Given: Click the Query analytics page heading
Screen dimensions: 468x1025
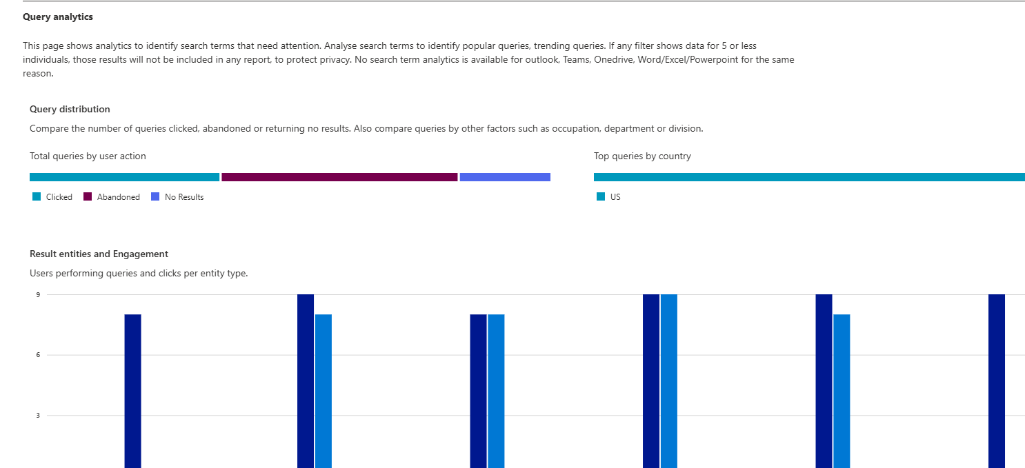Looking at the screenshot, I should (58, 17).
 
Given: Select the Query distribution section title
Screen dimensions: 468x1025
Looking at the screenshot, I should (70, 109).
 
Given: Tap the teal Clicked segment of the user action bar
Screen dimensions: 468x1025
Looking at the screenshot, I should (124, 177).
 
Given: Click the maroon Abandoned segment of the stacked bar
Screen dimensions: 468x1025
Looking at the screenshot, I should (339, 177).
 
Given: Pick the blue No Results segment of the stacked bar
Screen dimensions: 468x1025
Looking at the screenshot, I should (505, 177).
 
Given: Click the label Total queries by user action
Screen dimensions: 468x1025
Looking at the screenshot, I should (88, 156).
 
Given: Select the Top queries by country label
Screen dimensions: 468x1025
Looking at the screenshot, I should (642, 156).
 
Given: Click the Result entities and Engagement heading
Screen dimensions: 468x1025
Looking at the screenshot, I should (99, 254).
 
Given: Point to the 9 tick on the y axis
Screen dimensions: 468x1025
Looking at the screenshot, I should (38, 295).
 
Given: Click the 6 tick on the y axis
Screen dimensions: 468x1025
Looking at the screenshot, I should (38, 355).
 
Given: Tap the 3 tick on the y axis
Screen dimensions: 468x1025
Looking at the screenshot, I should (38, 416).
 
